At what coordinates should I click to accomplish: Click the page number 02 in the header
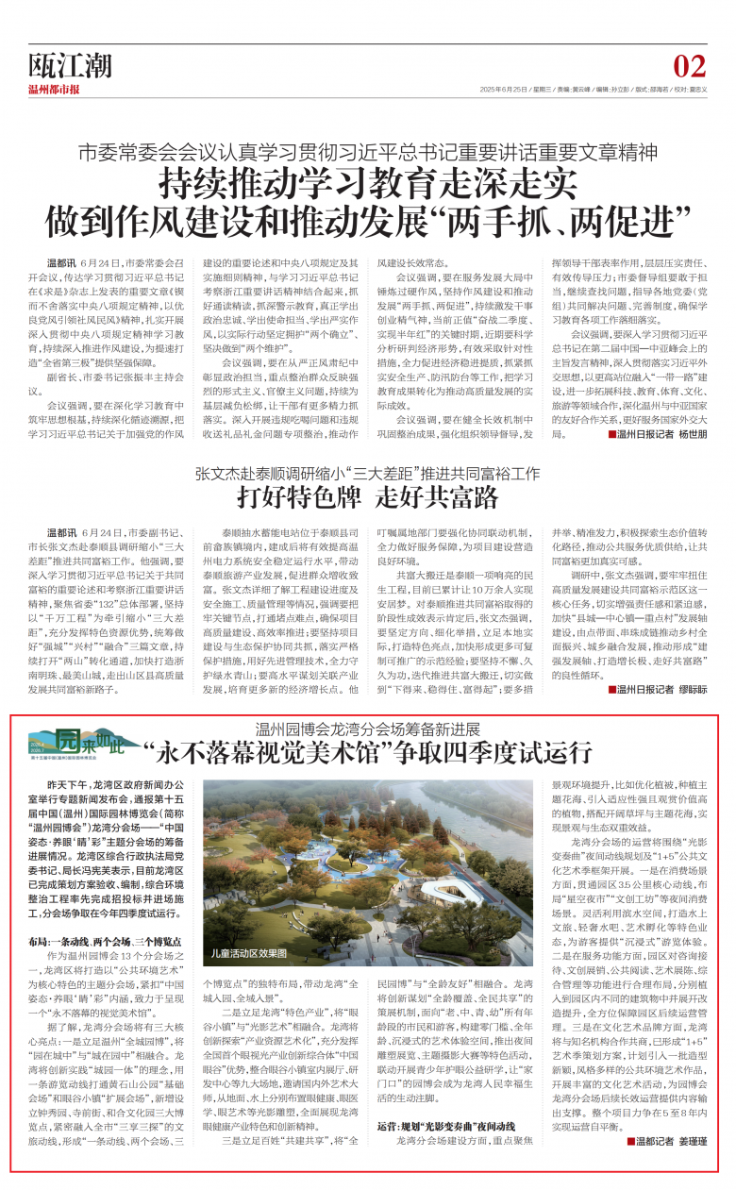tap(690, 66)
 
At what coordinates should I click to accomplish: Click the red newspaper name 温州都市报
tap(54, 90)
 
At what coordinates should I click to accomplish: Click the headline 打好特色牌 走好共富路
tap(366, 496)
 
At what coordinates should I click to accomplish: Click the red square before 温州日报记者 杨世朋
tap(611, 435)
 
